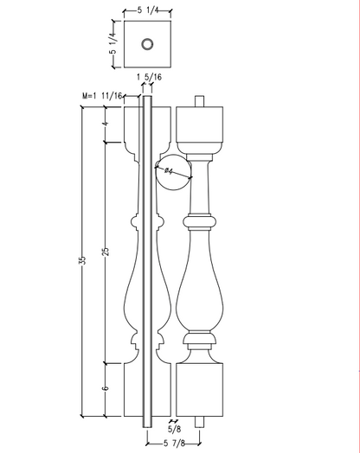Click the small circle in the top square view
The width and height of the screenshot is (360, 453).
coord(147,44)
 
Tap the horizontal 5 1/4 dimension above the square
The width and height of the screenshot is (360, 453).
coord(148,10)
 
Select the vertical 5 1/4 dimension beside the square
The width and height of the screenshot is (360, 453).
coord(113,43)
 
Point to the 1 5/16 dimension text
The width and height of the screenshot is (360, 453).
coord(149,77)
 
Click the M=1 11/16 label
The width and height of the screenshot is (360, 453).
coord(102,96)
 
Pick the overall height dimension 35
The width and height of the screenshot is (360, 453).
coord(82,260)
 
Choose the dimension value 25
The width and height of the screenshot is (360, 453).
coord(106,251)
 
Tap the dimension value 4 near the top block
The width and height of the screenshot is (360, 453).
coord(106,124)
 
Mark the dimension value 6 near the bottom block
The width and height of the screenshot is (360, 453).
coord(106,387)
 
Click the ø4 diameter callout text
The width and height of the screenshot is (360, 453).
coord(169,171)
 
